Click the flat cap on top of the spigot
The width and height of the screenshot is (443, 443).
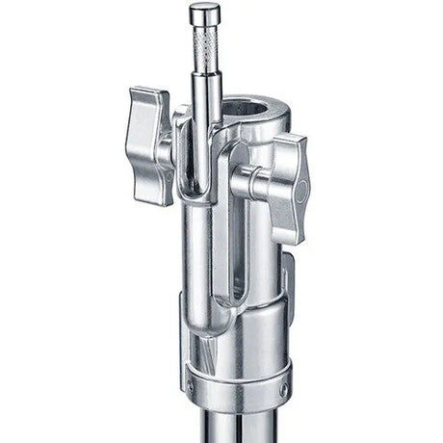204,12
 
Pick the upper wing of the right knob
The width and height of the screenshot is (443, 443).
289,154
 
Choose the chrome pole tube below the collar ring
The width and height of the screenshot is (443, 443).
236,429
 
